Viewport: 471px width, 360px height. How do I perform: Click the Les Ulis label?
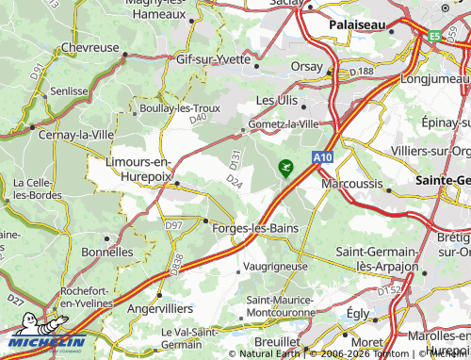pos(278,99)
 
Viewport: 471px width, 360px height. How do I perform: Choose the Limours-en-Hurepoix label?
pos(138,169)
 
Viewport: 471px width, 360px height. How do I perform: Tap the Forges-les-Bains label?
pos(256,228)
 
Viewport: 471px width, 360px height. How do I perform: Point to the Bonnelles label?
pos(107,253)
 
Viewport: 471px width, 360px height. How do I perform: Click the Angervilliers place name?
pos(160,308)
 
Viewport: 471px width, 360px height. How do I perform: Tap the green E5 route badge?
pos(434,37)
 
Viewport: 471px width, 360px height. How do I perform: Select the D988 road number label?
pos(176,263)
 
